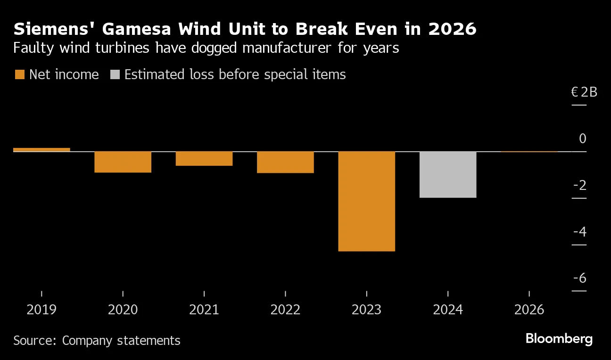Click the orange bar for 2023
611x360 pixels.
[x=366, y=201]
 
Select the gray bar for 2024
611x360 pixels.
[x=447, y=174]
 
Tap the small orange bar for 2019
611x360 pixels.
[x=41, y=150]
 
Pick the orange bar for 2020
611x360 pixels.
[x=123, y=162]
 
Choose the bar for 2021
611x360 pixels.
[x=204, y=159]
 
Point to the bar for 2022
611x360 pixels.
[x=285, y=163]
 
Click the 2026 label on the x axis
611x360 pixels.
[x=529, y=310]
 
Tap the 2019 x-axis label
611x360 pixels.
[x=41, y=310]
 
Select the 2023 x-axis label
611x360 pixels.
[x=366, y=310]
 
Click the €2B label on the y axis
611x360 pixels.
[x=584, y=92]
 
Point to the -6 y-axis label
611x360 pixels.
[x=579, y=278]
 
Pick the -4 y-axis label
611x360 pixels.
[x=579, y=232]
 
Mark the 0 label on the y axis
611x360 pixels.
[x=583, y=139]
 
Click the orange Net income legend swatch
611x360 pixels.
[x=19, y=74]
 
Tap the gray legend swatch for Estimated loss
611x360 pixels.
[x=115, y=74]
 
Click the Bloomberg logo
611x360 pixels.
[x=559, y=339]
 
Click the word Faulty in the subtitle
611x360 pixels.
[x=30, y=48]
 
